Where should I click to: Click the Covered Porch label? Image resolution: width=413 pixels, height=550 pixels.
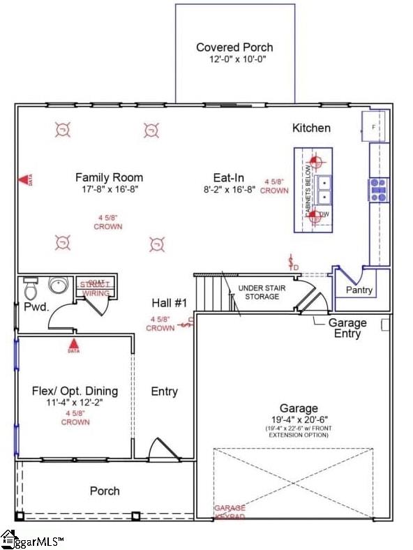[234, 47]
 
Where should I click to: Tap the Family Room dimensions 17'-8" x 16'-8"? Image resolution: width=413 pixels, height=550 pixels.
[109, 189]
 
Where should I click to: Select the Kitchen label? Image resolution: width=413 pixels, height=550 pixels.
[311, 128]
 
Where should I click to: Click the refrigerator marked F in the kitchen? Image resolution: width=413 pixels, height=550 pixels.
[373, 126]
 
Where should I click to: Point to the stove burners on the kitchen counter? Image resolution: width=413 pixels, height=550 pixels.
[379, 189]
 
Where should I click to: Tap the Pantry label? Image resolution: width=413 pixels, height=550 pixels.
[359, 290]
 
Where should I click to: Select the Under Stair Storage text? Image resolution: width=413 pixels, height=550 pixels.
[259, 292]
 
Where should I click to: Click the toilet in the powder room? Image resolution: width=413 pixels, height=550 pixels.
[30, 287]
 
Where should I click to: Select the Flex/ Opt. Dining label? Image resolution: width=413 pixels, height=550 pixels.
[75, 391]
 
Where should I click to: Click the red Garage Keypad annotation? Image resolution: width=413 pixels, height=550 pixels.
[230, 512]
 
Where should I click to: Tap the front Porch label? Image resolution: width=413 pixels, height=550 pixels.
[105, 491]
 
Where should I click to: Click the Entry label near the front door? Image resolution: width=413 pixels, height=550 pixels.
[165, 392]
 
